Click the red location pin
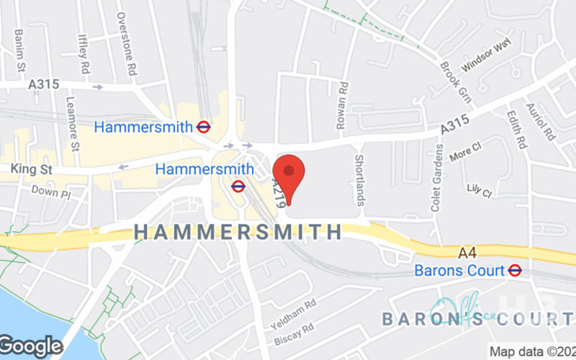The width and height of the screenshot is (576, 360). coord(289,176)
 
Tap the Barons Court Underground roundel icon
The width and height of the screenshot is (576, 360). coord(515,271)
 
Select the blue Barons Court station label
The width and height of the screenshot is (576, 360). coord(460,271)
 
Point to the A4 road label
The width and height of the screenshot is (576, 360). coord(468,253)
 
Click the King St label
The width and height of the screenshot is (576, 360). coord(28,168)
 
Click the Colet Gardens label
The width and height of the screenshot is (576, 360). coord(436,178)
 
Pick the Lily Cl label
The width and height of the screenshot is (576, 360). coord(479,192)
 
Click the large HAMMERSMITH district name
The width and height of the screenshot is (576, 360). coord(238,233)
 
